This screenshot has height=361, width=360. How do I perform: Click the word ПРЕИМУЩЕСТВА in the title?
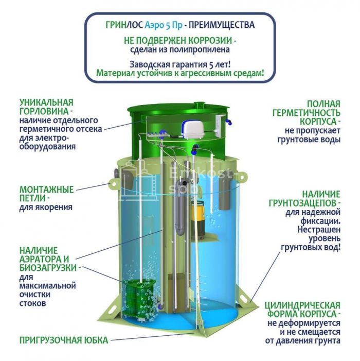point(222,25)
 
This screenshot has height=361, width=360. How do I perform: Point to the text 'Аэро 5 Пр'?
point(163,25)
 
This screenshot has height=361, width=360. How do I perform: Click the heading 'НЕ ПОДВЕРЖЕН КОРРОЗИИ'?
point(178,41)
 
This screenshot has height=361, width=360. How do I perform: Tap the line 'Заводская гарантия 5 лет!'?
point(180,64)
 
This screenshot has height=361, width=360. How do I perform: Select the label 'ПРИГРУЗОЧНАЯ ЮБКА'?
point(64,340)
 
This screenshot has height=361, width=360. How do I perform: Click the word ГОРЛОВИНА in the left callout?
point(44,111)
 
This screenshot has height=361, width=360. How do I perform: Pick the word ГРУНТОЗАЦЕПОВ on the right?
point(303,203)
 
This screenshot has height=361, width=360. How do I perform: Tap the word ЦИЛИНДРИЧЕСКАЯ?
point(302,305)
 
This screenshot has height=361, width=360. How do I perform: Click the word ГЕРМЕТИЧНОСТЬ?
point(306,113)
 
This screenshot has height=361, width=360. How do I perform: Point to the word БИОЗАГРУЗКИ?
point(48,268)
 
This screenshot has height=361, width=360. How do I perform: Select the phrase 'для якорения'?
point(46,207)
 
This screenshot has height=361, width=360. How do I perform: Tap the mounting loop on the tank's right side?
point(242,177)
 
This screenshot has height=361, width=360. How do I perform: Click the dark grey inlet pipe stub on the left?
point(116,173)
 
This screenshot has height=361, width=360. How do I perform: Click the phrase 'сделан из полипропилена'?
point(180,49)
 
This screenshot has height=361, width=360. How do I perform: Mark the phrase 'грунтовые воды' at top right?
point(309,140)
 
